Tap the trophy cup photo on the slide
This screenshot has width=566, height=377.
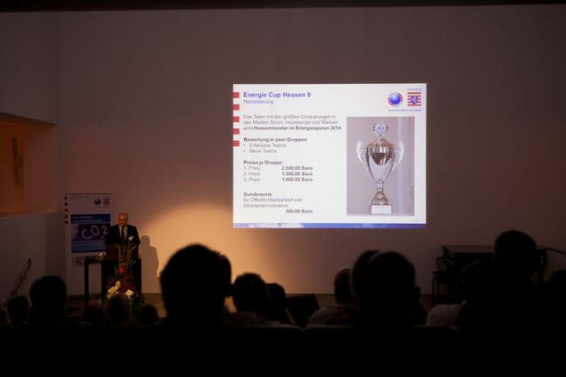pyautogui.click(x=380, y=165)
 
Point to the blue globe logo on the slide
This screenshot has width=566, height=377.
pyautogui.click(x=394, y=99)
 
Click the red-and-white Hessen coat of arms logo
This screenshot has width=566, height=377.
pyautogui.click(x=414, y=100)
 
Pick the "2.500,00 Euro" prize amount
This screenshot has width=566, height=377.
pyautogui.click(x=296, y=167)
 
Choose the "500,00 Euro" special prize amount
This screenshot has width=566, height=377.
pyautogui.click(x=299, y=212)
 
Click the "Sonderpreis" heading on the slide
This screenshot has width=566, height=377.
pyautogui.click(x=257, y=193)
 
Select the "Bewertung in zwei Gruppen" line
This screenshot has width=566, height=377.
pyautogui.click(x=275, y=139)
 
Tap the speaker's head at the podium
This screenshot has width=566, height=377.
pyautogui.click(x=122, y=219)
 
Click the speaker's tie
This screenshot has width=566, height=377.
pyautogui.click(x=123, y=233)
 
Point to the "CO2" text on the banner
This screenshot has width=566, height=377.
pyautogui.click(x=91, y=232)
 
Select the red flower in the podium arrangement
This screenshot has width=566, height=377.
pyautogui.click(x=121, y=266)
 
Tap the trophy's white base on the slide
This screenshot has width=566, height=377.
pyautogui.click(x=381, y=209)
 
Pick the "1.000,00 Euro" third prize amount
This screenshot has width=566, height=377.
pyautogui.click(x=296, y=179)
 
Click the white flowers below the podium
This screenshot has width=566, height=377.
pyautogui.click(x=119, y=289)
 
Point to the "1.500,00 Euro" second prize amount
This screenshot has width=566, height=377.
pyautogui.click(x=296, y=173)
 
